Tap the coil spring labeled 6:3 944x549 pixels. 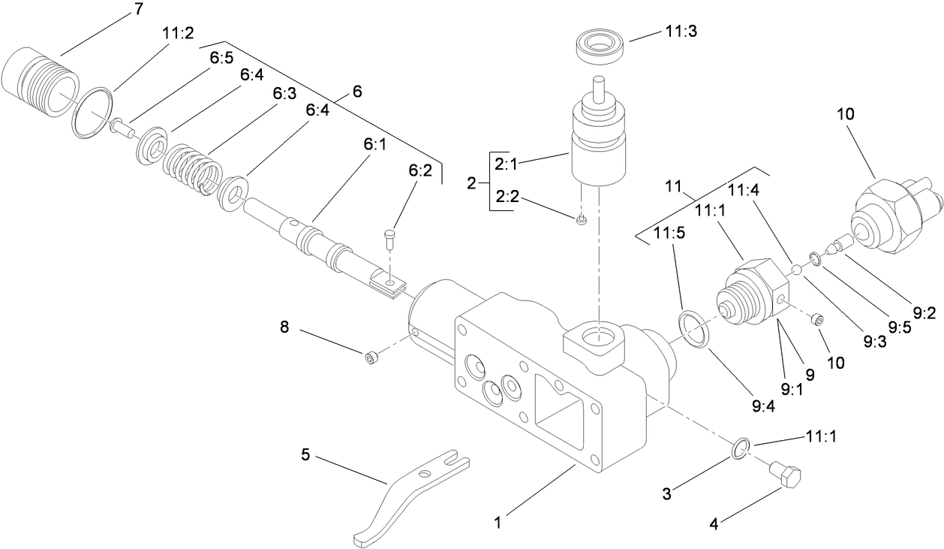(188, 169)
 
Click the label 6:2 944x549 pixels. (420, 171)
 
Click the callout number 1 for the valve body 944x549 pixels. (497, 519)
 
